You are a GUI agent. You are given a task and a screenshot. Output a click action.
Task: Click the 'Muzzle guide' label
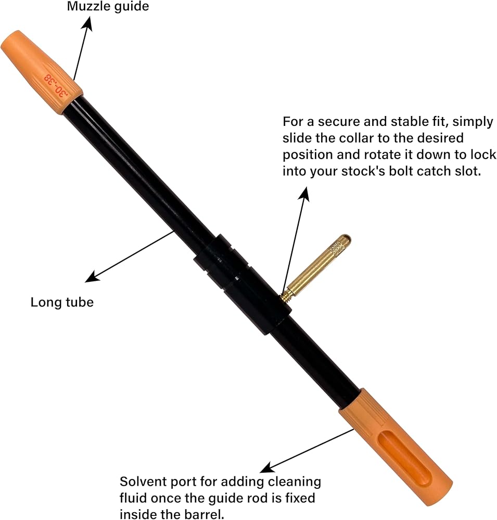[108, 6]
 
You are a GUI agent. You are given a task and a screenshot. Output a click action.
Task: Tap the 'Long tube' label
[62, 302]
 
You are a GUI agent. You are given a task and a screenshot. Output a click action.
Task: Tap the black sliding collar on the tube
[243, 284]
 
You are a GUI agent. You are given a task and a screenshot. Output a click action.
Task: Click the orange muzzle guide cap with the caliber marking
[42, 72]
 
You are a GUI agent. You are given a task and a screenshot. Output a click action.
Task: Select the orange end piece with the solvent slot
[396, 446]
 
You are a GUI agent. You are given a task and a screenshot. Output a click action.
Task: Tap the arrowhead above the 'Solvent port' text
[267, 467]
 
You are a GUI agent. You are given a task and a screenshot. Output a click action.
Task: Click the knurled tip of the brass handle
[339, 244]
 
